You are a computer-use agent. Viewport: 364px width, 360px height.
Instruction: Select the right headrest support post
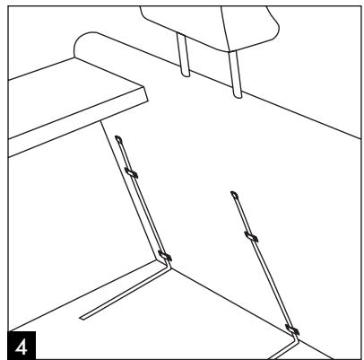click(x=238, y=72)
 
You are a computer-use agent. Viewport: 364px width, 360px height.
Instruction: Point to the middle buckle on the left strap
click(x=133, y=171)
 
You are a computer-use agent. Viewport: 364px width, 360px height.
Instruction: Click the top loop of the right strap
click(x=235, y=194)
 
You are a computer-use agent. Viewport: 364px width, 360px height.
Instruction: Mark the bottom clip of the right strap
click(x=289, y=329)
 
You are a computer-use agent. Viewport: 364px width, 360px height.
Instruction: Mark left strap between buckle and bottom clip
click(x=148, y=215)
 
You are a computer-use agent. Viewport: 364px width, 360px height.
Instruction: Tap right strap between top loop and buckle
click(x=243, y=215)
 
